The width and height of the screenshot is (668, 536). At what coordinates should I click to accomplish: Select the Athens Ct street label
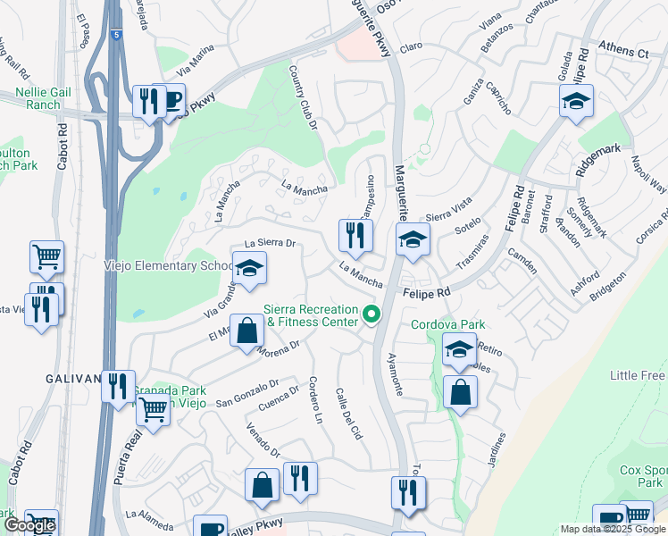click(x=622, y=53)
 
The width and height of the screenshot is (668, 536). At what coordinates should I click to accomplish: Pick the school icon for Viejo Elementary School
click(x=250, y=268)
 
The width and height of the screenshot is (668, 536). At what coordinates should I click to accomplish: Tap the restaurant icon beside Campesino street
click(x=355, y=236)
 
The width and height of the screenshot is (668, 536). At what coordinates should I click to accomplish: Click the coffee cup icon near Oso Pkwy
click(x=171, y=99)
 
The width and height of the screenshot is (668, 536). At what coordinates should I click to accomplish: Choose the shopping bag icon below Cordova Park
click(x=460, y=391)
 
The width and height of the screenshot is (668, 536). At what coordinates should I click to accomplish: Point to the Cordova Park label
click(x=441, y=325)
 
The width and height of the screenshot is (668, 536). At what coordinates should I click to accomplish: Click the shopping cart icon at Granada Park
click(x=154, y=410)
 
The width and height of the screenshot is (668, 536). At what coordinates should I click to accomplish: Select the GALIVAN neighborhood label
click(x=72, y=379)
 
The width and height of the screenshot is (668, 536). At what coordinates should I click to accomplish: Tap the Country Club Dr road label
click(x=303, y=100)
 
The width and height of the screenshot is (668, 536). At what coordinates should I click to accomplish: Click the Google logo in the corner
click(x=29, y=525)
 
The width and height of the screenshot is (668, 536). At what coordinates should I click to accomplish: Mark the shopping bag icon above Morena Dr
click(x=247, y=330)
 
